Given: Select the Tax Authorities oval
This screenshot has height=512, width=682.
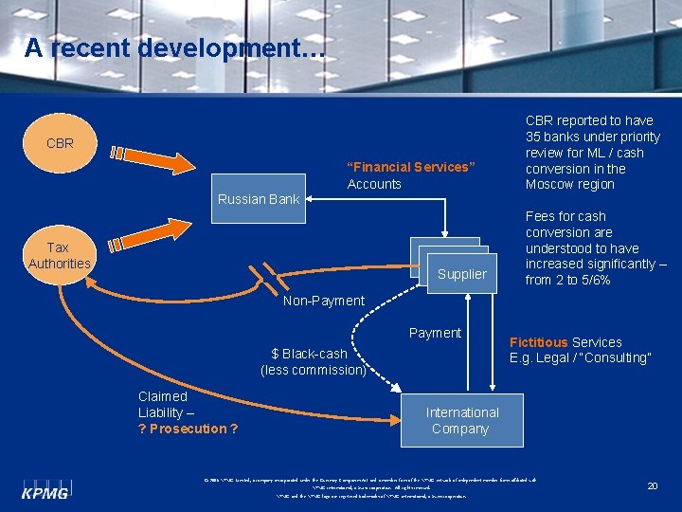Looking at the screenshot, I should click(x=59, y=255).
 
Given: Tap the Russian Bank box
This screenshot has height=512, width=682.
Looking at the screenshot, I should click(x=259, y=198).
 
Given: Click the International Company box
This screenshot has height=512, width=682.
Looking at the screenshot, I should click(x=461, y=420).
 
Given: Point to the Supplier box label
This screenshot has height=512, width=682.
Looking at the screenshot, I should click(x=461, y=274).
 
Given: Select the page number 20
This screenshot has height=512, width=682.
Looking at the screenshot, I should click(x=652, y=485).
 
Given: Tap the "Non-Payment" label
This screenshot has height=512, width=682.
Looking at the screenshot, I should click(x=324, y=301).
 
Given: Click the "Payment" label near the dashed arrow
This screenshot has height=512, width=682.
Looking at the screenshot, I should click(x=435, y=333).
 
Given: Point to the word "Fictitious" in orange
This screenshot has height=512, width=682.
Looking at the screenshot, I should click(x=538, y=342).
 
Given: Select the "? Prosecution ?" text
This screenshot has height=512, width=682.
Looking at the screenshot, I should click(x=188, y=429).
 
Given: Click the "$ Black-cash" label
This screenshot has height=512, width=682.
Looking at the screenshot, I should click(x=309, y=354).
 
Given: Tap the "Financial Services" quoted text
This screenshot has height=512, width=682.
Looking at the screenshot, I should click(x=409, y=167).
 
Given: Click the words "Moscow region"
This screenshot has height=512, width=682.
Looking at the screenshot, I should click(x=569, y=184).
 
